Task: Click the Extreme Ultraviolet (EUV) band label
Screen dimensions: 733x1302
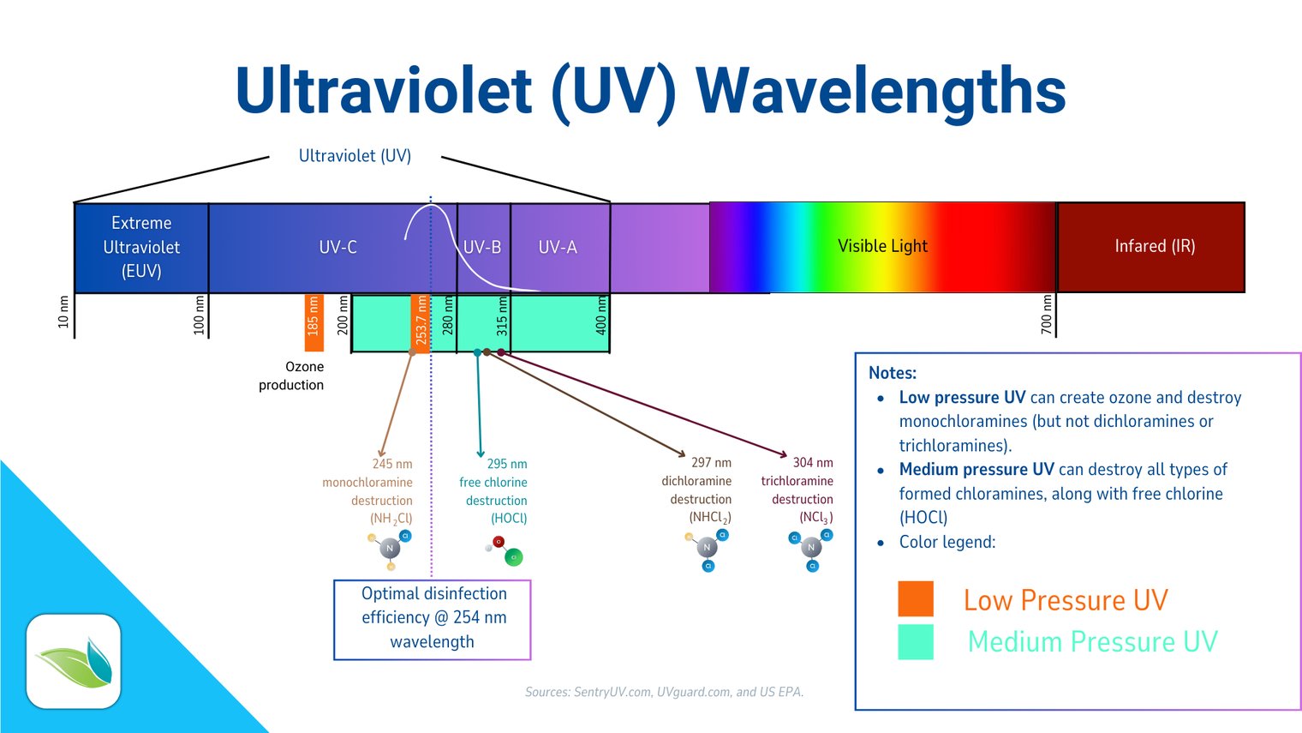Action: pyautogui.click(x=141, y=247)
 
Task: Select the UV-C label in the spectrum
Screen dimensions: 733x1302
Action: pyautogui.click(x=337, y=247)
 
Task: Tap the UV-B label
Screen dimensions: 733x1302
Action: pyautogui.click(x=481, y=247)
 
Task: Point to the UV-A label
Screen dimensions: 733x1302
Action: pyautogui.click(x=558, y=247)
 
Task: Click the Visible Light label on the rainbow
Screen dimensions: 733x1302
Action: pyautogui.click(x=882, y=246)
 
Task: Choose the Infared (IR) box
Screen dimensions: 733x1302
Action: pyautogui.click(x=1153, y=247)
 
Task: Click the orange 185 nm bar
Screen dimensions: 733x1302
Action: pyautogui.click(x=314, y=322)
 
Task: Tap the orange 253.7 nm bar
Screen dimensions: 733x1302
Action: pyautogui.click(x=421, y=323)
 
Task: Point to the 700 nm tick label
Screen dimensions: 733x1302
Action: pyautogui.click(x=1046, y=315)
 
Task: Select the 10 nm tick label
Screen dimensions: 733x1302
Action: pyautogui.click(x=63, y=312)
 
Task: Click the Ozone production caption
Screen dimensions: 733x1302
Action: pyautogui.click(x=292, y=376)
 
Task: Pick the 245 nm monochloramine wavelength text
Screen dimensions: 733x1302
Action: pyautogui.click(x=391, y=464)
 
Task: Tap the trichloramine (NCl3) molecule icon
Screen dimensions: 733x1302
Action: pyautogui.click(x=810, y=549)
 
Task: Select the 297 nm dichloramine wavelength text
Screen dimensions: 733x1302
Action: pyautogui.click(x=711, y=462)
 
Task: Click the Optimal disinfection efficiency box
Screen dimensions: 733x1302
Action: pyautogui.click(x=432, y=619)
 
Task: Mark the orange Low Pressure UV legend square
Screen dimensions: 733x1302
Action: pyautogui.click(x=915, y=598)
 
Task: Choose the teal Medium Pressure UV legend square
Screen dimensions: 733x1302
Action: pyautogui.click(x=915, y=641)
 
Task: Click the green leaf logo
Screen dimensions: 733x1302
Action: pyautogui.click(x=74, y=662)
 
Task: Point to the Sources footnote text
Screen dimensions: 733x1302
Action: pyautogui.click(x=664, y=692)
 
